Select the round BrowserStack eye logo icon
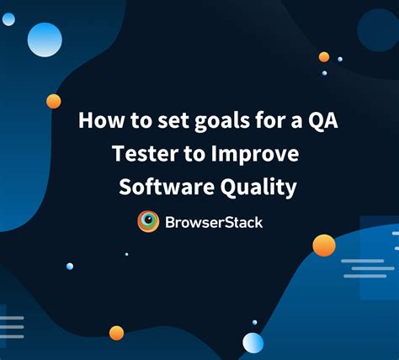click(148, 221)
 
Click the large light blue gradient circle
click(45, 39)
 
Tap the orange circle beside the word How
click(54, 101)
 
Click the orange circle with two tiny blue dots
click(324, 57)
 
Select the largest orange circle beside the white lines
click(324, 245)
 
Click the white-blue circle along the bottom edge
click(253, 341)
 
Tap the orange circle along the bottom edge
click(116, 332)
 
